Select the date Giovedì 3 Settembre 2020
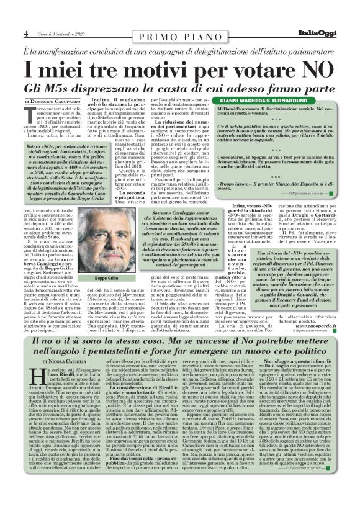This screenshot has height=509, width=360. tap(60, 34)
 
